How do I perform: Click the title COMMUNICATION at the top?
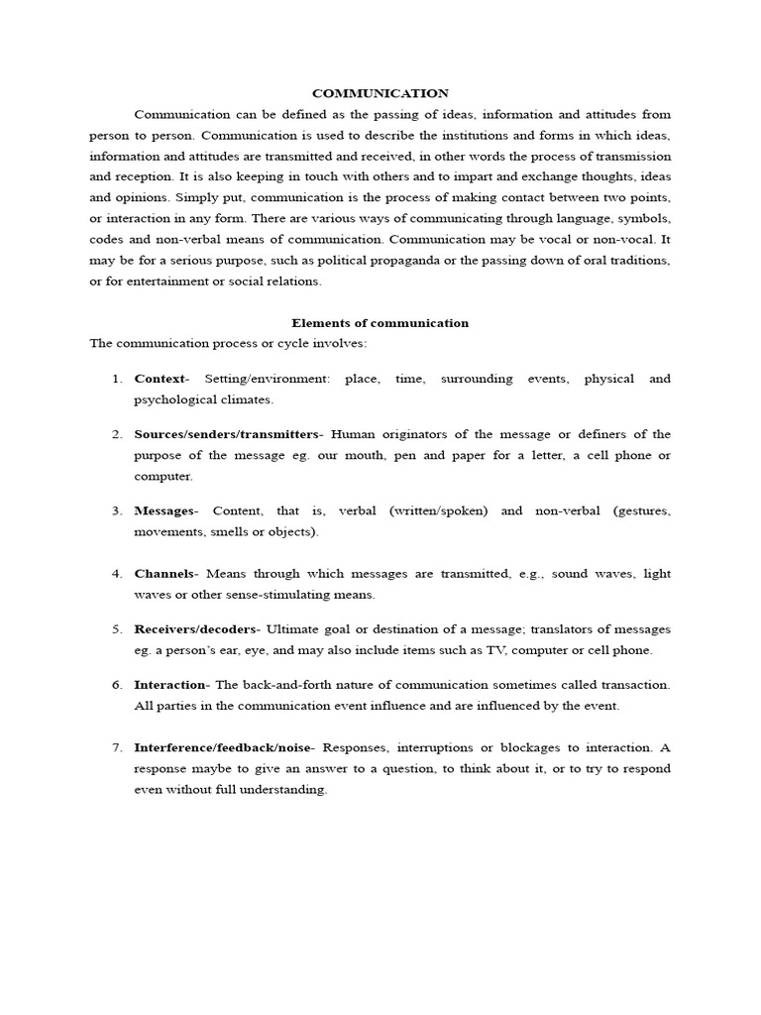[x=380, y=93]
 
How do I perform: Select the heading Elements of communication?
[x=380, y=323]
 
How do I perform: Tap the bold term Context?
[x=160, y=379]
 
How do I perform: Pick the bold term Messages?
[x=164, y=511]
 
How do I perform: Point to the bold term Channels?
[x=165, y=574]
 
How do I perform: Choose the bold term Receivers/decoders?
[x=196, y=629]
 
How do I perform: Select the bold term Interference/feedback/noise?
[x=223, y=747]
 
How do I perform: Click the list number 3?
[x=116, y=511]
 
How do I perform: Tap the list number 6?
[x=116, y=685]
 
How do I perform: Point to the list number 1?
[x=116, y=379]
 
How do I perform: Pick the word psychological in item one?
[x=173, y=399]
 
